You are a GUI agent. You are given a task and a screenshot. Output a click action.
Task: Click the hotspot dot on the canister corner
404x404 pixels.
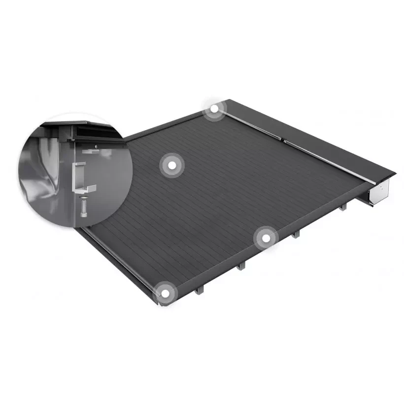pos(214,109)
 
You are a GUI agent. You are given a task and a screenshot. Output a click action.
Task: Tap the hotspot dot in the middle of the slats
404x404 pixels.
pos(171,166)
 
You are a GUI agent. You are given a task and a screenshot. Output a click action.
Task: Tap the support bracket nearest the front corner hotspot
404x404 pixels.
pos(198,290)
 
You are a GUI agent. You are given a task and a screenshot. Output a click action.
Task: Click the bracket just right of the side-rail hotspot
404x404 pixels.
pos(296,234)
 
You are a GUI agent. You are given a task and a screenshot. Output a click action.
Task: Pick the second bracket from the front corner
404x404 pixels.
pos(240,266)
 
